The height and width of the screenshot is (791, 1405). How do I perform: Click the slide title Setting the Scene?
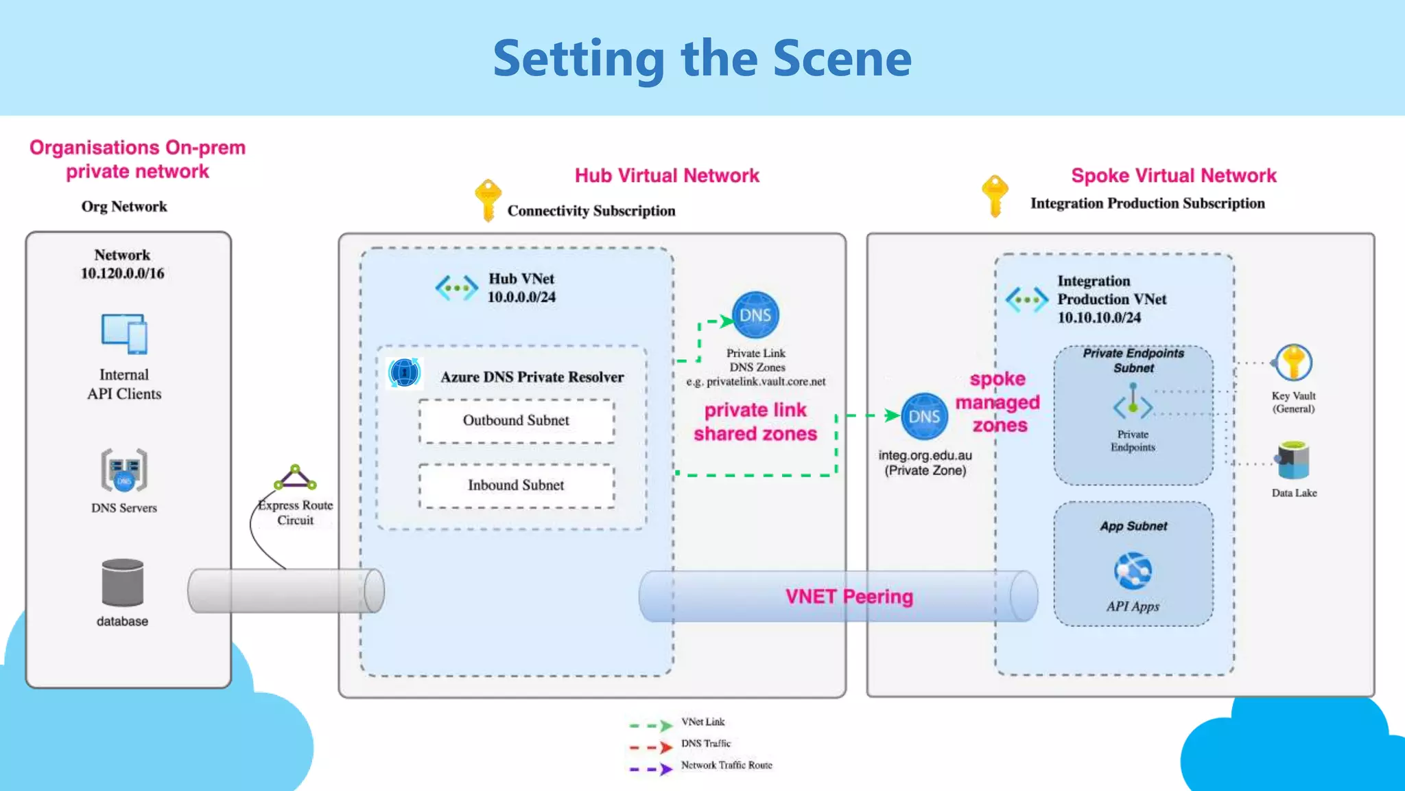tap(702, 59)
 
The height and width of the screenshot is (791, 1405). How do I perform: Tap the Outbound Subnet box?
tap(516, 420)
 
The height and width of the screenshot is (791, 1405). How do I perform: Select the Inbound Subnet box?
tap(516, 485)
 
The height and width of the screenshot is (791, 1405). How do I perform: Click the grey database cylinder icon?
tap(123, 582)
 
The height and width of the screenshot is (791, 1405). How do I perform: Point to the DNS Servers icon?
tap(124, 470)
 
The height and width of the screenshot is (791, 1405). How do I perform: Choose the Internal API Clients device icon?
tap(124, 334)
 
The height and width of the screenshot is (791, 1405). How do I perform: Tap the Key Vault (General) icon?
tap(1293, 363)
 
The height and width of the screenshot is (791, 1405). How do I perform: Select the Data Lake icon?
tap(1293, 460)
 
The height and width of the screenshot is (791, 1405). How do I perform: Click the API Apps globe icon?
tap(1133, 571)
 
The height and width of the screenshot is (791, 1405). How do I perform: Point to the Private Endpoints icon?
tap(1133, 402)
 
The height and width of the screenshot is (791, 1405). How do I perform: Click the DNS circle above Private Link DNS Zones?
tap(755, 315)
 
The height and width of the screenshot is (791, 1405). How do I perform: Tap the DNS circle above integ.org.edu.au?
tap(924, 416)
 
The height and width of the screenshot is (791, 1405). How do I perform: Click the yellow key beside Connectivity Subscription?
tap(488, 200)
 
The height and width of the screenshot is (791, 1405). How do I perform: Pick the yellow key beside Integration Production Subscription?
tap(995, 195)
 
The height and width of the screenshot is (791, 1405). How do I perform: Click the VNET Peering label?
tap(849, 596)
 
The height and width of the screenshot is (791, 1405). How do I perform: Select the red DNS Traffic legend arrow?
tap(651, 747)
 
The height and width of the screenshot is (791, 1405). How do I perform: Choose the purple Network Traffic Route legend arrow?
tap(651, 769)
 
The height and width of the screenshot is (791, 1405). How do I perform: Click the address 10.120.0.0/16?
tap(123, 273)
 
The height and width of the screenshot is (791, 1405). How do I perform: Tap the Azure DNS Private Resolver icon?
tap(404, 373)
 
